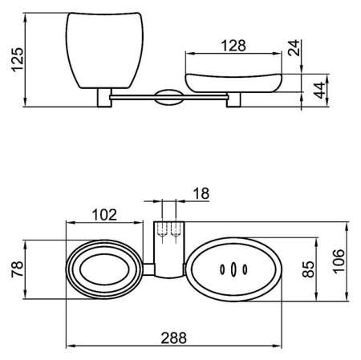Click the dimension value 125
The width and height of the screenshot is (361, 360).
[x=18, y=59]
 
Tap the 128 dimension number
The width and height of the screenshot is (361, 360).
[x=233, y=46]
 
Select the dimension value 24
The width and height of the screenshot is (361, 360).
[x=294, y=47]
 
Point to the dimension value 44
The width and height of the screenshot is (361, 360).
[x=319, y=91]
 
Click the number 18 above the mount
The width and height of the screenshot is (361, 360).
[x=201, y=193]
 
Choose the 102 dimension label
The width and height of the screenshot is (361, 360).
[x=104, y=215]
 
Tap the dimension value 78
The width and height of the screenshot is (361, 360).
[x=18, y=269]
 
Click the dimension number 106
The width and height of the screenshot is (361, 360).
[x=339, y=261]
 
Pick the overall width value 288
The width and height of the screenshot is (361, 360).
[x=173, y=338]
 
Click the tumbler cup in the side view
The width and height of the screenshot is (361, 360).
[x=104, y=51]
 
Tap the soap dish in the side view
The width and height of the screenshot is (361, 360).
[x=233, y=83]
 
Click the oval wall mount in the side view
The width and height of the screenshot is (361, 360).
[x=169, y=97]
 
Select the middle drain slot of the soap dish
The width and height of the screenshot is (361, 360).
[x=233, y=269]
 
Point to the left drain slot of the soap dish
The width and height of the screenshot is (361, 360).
[x=222, y=269]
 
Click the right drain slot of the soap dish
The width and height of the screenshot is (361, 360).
[x=245, y=269]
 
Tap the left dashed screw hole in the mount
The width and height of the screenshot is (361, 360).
[x=162, y=230]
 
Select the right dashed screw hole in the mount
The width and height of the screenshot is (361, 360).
[x=175, y=230]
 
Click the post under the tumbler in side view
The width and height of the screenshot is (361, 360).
[x=104, y=98]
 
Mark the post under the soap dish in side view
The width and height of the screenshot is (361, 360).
[x=233, y=99]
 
